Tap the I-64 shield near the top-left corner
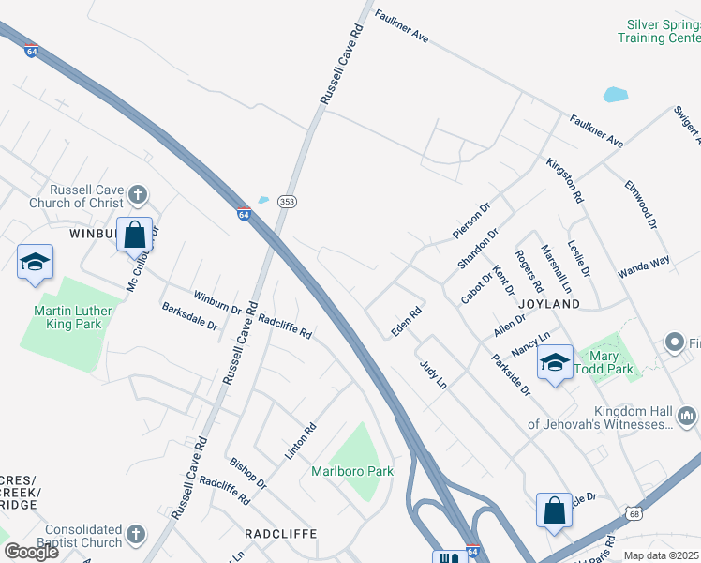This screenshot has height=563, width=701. point(32,53)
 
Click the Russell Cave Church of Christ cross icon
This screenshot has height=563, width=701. point(137,195)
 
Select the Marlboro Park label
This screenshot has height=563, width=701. point(352,471)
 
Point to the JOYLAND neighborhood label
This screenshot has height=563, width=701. point(548,304)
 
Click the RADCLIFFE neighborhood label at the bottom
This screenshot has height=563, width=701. point(280,533)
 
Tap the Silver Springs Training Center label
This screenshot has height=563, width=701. point(659,31)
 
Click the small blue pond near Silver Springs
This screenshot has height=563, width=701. point(616,94)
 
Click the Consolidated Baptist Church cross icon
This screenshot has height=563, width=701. point(136,534)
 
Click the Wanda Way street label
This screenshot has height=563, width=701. point(643,266)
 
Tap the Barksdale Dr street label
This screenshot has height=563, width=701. point(189,316)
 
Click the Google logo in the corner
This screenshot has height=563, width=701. point(31,552)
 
